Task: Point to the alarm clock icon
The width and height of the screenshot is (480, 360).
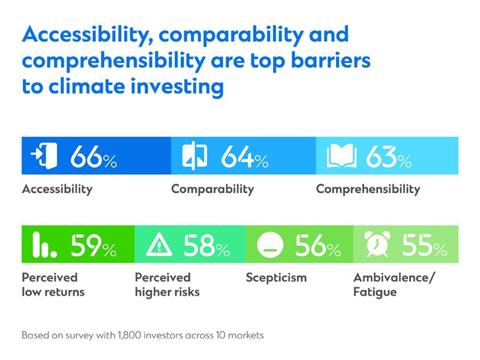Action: click(x=377, y=245)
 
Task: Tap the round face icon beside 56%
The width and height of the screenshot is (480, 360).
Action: click(x=269, y=245)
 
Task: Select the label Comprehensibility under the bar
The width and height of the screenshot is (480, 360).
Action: click(x=368, y=189)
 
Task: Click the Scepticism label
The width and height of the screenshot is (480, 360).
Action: click(x=276, y=278)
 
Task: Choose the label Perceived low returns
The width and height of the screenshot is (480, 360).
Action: click(x=53, y=285)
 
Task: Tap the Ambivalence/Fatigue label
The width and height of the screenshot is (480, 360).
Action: click(x=391, y=285)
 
